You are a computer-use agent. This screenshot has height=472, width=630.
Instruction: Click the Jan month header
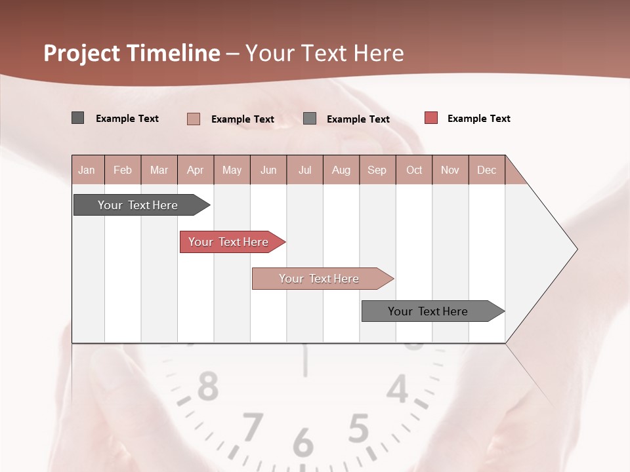tap(87, 170)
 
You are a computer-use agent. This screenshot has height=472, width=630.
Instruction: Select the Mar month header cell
tap(159, 170)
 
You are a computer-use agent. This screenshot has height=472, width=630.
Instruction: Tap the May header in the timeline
tap(232, 170)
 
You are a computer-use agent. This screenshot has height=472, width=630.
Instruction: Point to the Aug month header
tap(341, 170)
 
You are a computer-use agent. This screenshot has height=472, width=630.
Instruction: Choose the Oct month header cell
tap(414, 170)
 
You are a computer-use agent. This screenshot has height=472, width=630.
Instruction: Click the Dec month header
tap(486, 170)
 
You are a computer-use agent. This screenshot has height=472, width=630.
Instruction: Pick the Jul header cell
tap(304, 170)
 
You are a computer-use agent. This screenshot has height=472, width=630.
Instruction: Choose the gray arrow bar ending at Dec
tap(430, 311)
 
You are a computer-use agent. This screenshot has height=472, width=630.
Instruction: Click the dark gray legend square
tap(78, 118)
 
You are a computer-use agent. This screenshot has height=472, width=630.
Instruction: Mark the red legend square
tap(430, 118)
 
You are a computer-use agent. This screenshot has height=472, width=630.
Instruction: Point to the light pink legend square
tap(194, 119)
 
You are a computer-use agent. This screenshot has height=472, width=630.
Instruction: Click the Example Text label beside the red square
tap(478, 119)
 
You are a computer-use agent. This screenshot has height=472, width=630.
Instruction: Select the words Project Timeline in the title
tap(132, 53)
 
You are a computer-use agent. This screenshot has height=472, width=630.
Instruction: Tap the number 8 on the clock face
tap(208, 386)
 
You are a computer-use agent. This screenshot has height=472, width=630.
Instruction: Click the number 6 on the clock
tap(303, 442)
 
